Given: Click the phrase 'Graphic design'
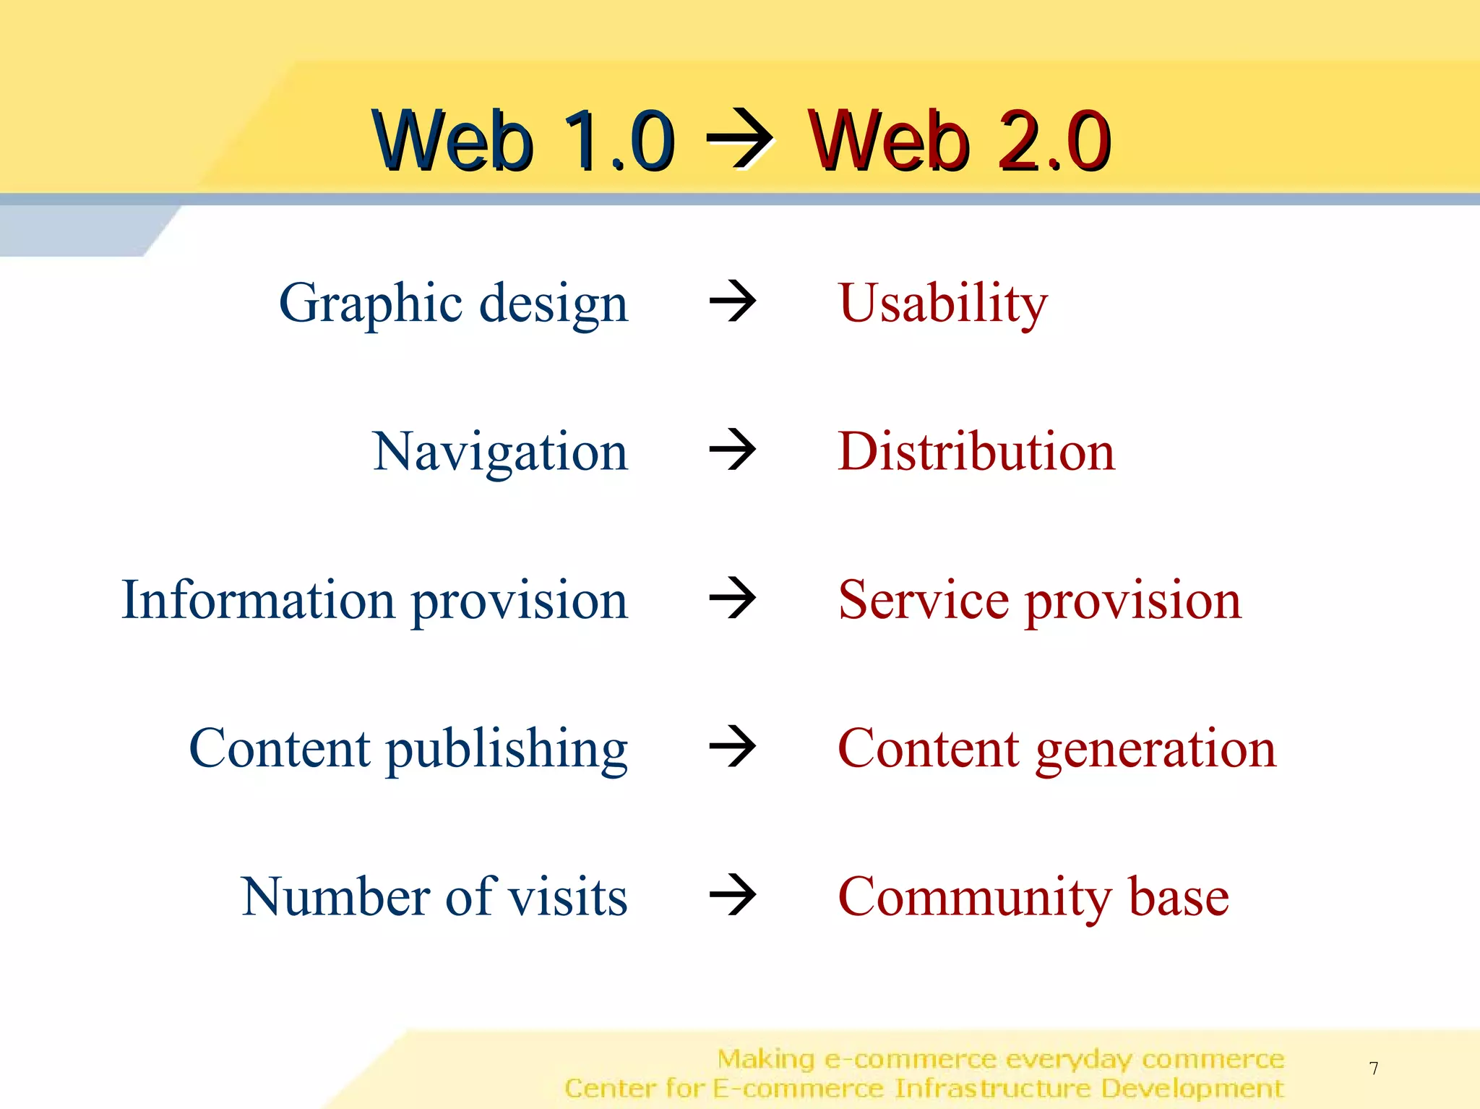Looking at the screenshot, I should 453,303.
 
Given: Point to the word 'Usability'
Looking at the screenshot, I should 942,303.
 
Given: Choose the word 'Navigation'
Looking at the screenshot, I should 500,452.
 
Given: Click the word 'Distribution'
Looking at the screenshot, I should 976,452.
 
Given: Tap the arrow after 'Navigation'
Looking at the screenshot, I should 733,449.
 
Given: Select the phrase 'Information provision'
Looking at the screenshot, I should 374,600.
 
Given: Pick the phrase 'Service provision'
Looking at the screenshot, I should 1039,600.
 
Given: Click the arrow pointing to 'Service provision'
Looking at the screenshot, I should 733,598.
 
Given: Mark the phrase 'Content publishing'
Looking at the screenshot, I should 408,749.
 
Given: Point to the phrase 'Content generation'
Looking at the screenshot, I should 1057,749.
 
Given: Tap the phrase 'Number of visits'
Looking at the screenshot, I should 434,897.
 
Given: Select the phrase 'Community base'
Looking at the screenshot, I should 1033,897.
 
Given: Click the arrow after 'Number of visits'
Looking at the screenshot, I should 733,894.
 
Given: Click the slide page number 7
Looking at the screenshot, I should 1373,1068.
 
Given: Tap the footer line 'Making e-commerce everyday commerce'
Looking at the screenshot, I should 1000,1059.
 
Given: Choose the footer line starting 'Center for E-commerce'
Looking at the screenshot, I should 924,1088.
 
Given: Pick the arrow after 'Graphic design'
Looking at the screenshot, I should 733,301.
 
